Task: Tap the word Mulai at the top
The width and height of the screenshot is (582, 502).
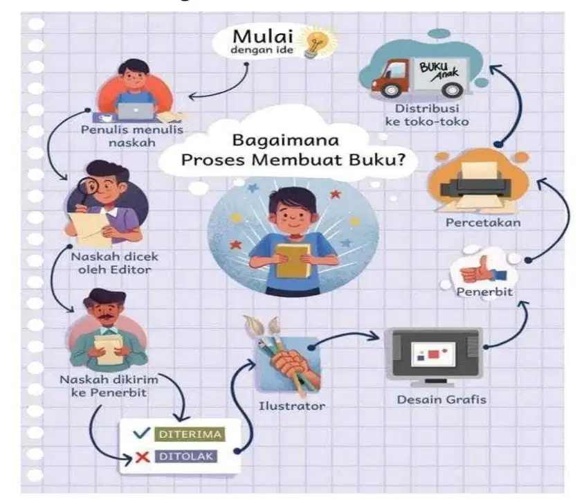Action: pyautogui.click(x=263, y=37)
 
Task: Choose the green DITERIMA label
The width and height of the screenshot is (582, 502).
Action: pyautogui.click(x=190, y=434)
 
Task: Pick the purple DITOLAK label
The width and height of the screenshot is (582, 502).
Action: pyautogui.click(x=186, y=456)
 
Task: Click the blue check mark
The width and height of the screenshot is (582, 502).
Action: pyautogui.click(x=141, y=433)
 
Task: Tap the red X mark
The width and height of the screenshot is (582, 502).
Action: pyautogui.click(x=142, y=457)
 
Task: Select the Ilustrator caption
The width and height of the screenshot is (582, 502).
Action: pyautogui.click(x=292, y=406)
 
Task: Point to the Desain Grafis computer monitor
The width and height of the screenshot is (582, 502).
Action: pyautogui.click(x=433, y=355)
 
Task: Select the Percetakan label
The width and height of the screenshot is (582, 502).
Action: pyautogui.click(x=483, y=223)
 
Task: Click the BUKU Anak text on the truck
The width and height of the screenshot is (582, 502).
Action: pyautogui.click(x=439, y=71)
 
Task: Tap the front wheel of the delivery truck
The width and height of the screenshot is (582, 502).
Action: pyautogui.click(x=390, y=89)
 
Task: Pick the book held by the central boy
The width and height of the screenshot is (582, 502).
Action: pyautogui.click(x=293, y=260)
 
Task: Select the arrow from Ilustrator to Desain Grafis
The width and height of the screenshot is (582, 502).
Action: pyautogui.click(x=343, y=335)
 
